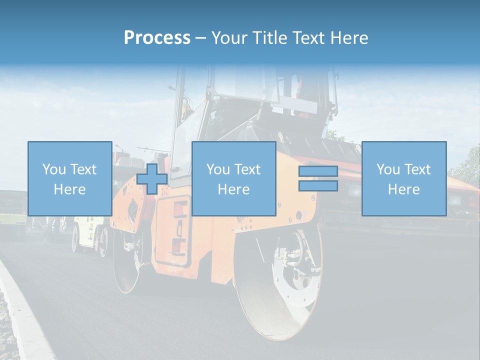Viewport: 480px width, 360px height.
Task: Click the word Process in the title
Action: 157,38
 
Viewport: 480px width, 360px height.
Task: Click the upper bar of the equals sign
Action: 318,171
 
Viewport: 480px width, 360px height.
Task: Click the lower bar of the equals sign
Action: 318,186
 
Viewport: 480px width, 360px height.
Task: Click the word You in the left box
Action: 53,169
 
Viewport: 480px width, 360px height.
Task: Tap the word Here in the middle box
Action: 233,189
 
